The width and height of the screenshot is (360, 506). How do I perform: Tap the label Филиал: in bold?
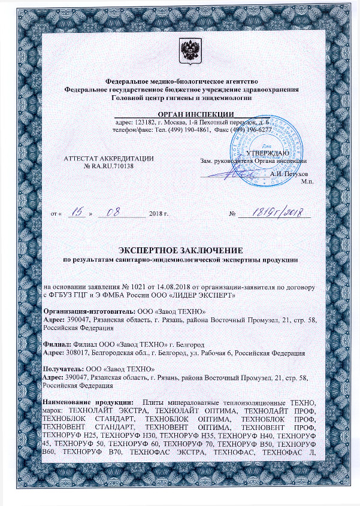(57, 344)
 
